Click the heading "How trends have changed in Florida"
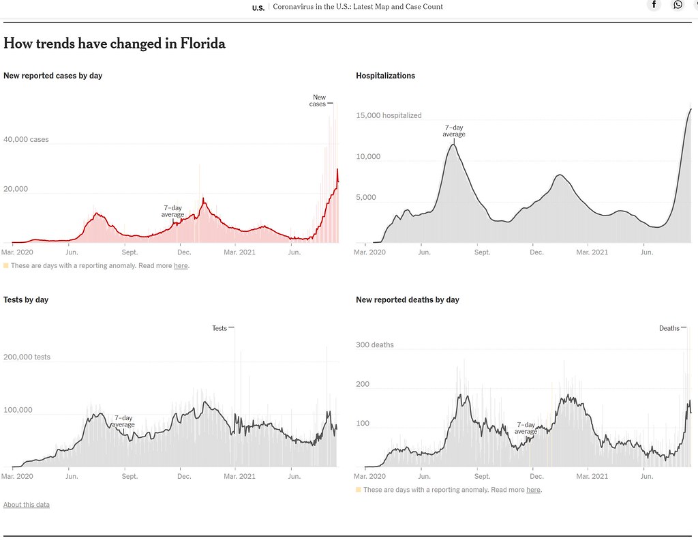(115, 44)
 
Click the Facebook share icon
(654, 5)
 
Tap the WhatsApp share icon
(678, 5)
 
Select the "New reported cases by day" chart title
(53, 76)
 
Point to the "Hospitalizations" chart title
(386, 76)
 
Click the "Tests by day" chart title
(26, 300)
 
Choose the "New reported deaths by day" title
(408, 300)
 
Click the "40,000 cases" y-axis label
(27, 139)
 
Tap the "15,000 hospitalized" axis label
(389, 115)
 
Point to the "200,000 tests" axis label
(27, 357)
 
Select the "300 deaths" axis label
(375, 345)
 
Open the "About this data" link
(27, 505)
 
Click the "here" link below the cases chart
(181, 265)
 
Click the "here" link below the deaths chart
(533, 490)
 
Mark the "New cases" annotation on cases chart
(318, 101)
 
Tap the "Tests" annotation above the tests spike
(219, 328)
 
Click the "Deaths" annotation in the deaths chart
(669, 328)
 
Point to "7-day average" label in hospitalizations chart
(454, 130)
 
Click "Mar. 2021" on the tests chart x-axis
(239, 476)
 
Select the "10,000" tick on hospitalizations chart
(368, 156)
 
